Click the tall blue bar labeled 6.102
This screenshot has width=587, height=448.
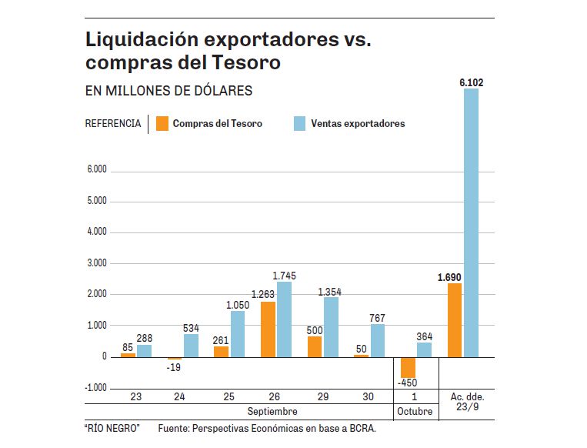471,223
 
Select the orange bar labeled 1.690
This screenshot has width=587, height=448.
455,320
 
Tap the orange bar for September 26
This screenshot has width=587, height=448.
268,329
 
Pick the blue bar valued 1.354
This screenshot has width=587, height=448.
330,327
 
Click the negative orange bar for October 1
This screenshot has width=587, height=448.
408,366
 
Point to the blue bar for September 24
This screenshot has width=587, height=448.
191,346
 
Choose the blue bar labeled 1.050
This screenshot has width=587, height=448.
237,334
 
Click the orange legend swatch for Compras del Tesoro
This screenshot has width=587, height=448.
162,123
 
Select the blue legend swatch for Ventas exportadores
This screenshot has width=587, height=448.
300,123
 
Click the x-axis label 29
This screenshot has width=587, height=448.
322,396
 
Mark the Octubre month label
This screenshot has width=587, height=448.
415,412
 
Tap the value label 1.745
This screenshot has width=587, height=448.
284,275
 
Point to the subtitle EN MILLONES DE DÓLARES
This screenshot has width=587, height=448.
168,91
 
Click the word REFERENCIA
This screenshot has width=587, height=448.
112,123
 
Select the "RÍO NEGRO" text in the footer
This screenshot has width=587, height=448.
112,428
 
